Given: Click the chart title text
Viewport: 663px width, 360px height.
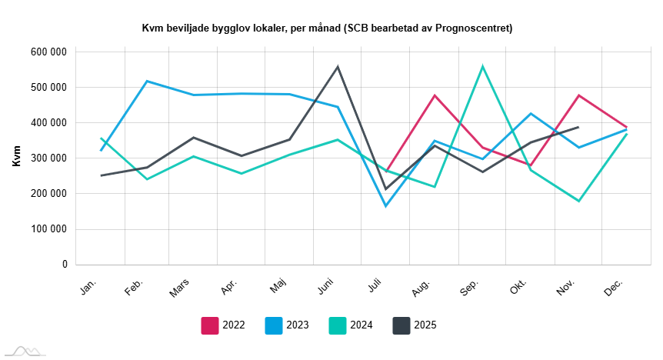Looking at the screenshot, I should [x=327, y=28].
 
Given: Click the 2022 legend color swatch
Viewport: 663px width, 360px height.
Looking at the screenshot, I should [x=210, y=325].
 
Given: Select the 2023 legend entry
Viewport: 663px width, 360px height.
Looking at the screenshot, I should [x=286, y=325].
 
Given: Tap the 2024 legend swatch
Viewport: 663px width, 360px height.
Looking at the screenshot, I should [x=338, y=325].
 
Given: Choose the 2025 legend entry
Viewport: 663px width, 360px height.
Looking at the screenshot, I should [x=415, y=325].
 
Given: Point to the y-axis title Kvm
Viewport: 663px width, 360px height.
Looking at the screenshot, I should [x=17, y=158].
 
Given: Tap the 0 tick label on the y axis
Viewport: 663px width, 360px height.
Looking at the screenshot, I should [x=65, y=264].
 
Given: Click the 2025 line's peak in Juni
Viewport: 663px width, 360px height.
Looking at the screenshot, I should [x=338, y=67].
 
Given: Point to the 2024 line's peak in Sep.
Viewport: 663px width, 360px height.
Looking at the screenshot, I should [x=482, y=66].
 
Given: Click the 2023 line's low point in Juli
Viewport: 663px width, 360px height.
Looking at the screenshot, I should [x=385, y=206].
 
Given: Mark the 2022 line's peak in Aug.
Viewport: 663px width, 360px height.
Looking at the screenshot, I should [x=435, y=95].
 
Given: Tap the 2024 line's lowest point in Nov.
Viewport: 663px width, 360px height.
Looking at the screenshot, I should [x=578, y=201].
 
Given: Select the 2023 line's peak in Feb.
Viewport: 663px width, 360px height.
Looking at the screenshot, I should [x=146, y=81].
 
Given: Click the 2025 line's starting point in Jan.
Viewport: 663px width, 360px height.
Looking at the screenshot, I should [x=101, y=175].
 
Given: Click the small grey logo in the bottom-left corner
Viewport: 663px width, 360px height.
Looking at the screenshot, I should [x=23, y=351].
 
